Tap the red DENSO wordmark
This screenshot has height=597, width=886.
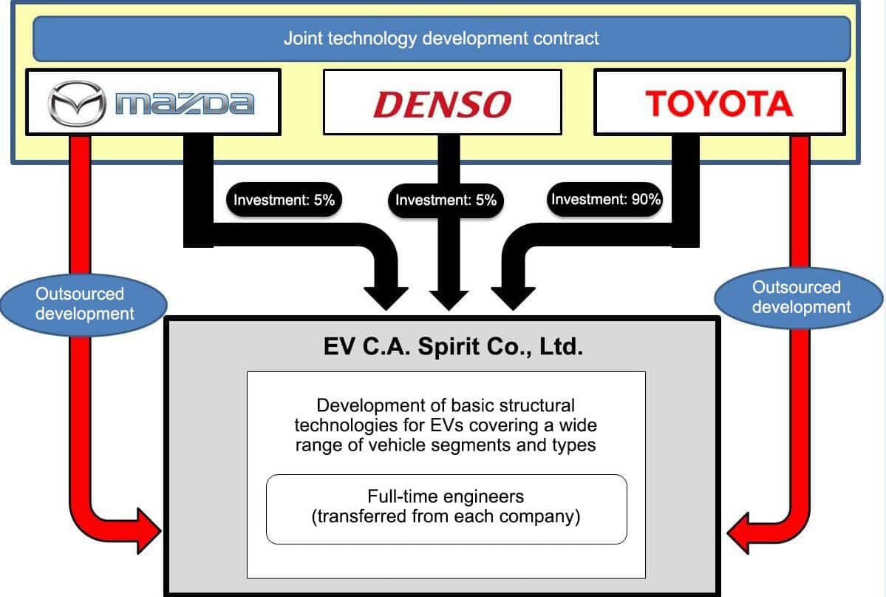point(442,104)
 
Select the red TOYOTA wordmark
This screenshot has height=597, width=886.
point(719,104)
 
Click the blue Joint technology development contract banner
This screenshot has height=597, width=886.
point(442,38)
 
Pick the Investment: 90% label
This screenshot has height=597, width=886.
point(606,199)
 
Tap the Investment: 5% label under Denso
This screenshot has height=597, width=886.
point(446,200)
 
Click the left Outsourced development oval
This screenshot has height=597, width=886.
point(85,303)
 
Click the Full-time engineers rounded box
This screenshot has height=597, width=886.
point(446,508)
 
